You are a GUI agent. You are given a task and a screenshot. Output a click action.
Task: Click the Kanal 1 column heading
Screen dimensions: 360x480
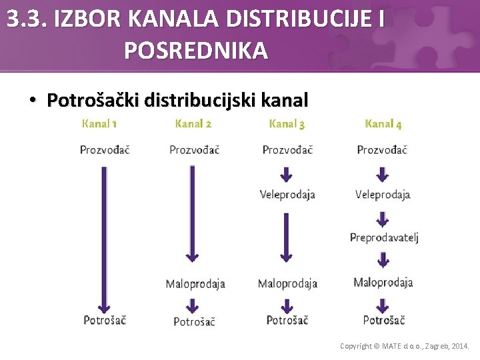pos(99,123)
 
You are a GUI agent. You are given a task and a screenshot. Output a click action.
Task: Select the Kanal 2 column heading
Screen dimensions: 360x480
pos(193,123)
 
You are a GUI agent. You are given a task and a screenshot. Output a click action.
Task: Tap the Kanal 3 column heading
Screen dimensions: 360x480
pos(287,123)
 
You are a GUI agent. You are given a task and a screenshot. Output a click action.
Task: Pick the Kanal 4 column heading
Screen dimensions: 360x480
pos(383,123)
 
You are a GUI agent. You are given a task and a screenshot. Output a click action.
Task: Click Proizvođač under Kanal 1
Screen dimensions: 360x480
pos(105,149)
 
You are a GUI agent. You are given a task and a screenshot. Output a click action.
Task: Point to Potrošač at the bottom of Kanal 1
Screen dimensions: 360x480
pos(105,320)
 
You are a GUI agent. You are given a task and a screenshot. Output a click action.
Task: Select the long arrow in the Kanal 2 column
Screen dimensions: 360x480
pos(192,213)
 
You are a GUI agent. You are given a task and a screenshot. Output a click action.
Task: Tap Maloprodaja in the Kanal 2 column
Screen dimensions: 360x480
pos(195,284)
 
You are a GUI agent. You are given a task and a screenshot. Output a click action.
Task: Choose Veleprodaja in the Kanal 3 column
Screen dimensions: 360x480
pos(287,195)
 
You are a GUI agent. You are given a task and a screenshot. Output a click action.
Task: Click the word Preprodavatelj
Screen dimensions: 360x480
pos(384,238)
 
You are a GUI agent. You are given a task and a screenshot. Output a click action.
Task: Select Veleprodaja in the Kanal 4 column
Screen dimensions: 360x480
pos(383,195)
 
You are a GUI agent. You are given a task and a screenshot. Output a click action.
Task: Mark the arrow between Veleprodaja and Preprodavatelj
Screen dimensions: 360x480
pos(383,218)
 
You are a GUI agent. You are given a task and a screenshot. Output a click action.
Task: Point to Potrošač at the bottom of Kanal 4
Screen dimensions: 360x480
pos(383,320)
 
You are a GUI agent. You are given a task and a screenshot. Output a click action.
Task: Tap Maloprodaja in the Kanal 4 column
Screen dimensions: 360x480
pos(383,283)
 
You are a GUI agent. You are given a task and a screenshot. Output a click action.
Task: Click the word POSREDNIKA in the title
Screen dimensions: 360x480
pos(196,50)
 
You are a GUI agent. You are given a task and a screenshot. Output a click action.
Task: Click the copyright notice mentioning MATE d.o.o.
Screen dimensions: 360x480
pos(404,346)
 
